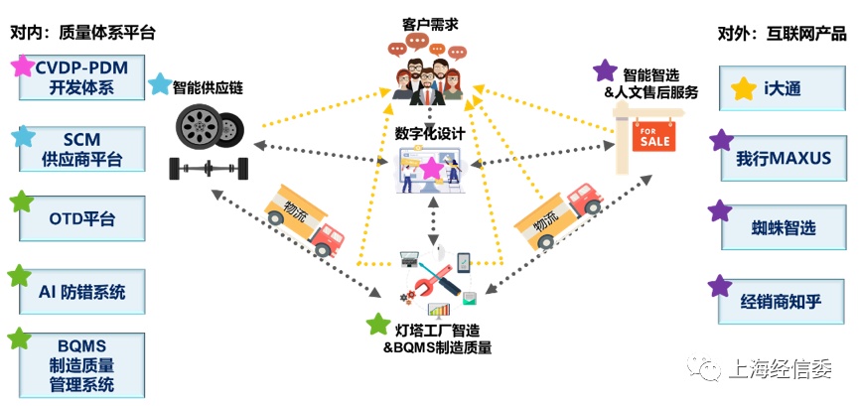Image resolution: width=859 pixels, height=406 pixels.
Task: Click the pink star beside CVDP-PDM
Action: click(x=21, y=68)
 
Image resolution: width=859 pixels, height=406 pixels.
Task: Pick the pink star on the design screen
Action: click(x=431, y=169)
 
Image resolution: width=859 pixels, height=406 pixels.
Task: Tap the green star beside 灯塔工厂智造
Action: click(x=377, y=324)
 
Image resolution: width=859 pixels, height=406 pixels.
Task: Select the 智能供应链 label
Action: click(x=208, y=87)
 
